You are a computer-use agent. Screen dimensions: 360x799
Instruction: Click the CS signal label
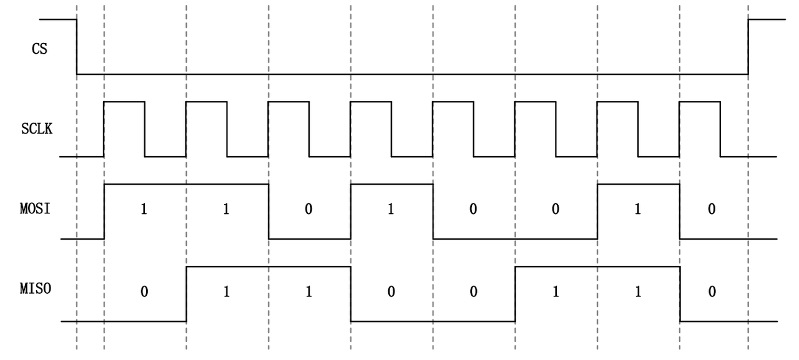coord(39,49)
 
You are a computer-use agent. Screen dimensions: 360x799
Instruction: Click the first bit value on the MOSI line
coord(144,210)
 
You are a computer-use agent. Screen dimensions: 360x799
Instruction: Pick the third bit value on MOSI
coord(308,210)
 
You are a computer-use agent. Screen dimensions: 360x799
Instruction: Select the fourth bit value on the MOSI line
coord(391,210)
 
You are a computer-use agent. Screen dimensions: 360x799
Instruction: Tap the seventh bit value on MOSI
coord(637,210)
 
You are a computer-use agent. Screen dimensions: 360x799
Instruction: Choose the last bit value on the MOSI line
coord(711,210)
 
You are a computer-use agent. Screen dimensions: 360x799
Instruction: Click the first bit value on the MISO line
coord(144,291)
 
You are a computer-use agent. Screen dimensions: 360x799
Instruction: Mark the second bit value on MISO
coord(226,291)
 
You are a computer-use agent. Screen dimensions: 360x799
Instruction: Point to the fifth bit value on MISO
coord(473,291)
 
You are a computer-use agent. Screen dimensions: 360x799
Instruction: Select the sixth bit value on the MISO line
coord(555,291)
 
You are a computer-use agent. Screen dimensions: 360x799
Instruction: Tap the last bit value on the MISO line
coord(711,291)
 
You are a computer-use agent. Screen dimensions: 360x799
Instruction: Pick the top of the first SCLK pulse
coord(124,102)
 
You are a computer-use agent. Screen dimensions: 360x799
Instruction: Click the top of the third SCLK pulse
coord(288,102)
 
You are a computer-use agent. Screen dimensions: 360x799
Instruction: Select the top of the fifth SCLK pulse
coord(453,102)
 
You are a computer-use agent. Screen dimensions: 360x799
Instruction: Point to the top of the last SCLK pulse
coord(699,102)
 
